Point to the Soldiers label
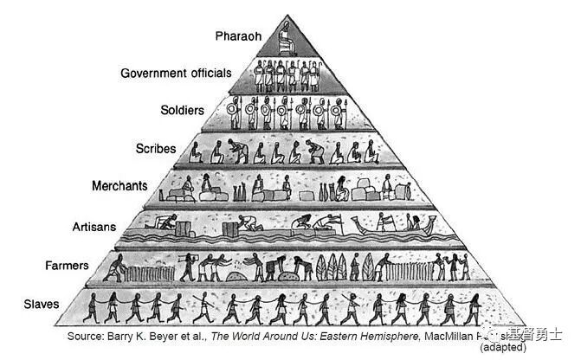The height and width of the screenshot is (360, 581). pos(182,111)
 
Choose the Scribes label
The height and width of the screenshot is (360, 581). pos(156,148)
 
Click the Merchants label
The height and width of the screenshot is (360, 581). pos(119,186)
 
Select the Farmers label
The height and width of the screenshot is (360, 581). pos(68,265)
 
